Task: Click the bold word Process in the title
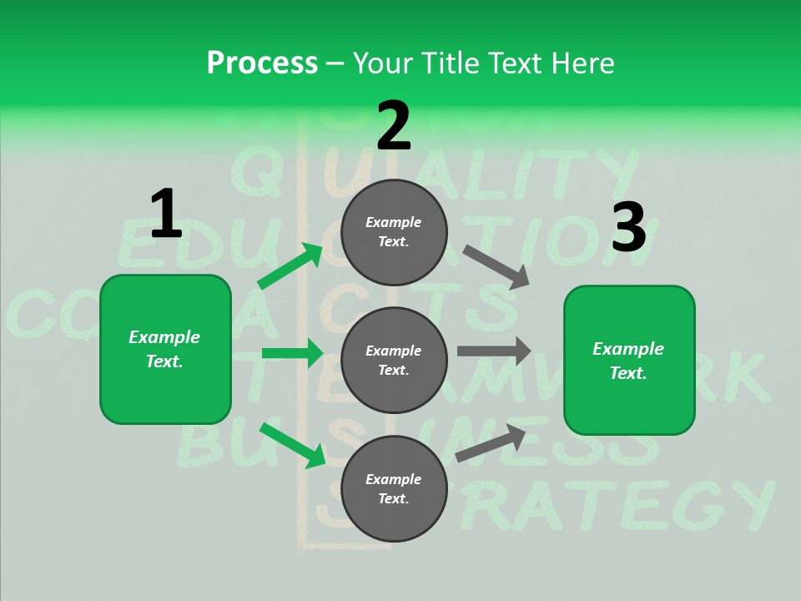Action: point(262,63)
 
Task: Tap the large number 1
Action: point(166,214)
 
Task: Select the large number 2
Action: point(394,125)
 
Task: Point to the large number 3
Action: point(629,228)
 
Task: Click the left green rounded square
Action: point(165,349)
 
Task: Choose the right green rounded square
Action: point(629,361)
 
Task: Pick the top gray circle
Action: point(394,232)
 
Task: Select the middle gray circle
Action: point(394,361)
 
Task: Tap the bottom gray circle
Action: point(394,489)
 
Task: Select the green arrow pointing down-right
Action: point(292,444)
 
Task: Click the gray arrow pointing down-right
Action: point(496,267)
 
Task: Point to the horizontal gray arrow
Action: point(494,351)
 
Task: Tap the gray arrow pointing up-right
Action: point(491,442)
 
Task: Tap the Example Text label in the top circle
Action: point(394,232)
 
